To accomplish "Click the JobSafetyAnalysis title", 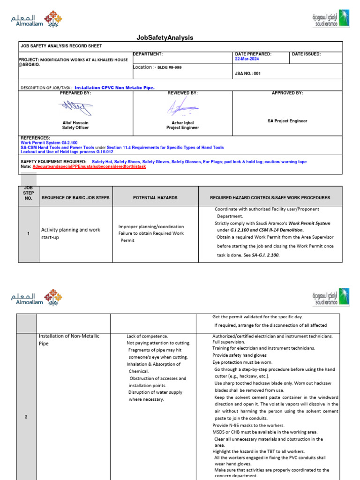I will [x=164, y=37].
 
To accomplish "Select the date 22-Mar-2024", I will [x=247, y=59].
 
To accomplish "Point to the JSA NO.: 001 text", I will [x=247, y=74].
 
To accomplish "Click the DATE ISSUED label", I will [x=306, y=54].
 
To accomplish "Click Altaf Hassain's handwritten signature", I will [x=75, y=109].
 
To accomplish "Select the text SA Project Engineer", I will [x=287, y=121].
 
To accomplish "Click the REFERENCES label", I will [x=36, y=138].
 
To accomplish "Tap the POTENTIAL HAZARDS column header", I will [x=154, y=198].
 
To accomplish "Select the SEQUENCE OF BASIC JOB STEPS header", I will [x=75, y=198].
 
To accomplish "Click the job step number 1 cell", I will [x=28, y=233].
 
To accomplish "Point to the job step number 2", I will [x=28, y=418].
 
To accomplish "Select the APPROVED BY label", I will [x=287, y=93].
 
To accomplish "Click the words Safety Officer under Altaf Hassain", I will [x=75, y=127].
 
